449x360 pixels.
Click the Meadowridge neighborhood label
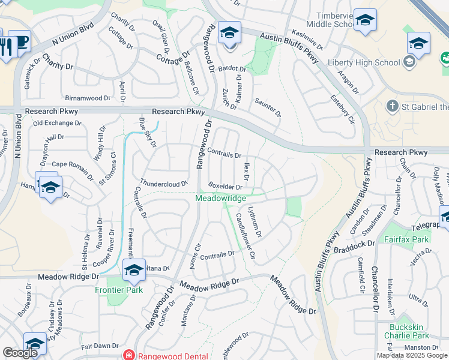tap(221, 198)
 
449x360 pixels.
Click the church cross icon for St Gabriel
tap(391, 106)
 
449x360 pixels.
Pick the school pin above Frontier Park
tap(133, 270)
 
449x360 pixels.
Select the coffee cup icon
tap(22, 42)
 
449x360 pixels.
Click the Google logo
tap(20, 353)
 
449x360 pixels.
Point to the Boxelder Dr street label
tap(225, 186)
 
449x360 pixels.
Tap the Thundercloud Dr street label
tap(164, 182)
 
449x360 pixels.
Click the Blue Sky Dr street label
tap(147, 133)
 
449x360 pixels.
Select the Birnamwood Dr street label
tap(88, 98)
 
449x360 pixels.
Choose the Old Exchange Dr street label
tap(57, 123)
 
